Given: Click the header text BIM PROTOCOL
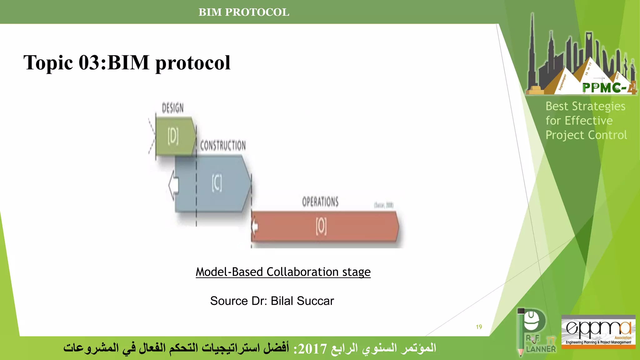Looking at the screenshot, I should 244,12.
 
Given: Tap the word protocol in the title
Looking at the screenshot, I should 193,63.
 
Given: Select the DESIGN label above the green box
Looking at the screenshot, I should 172,108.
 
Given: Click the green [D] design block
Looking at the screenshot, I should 174,136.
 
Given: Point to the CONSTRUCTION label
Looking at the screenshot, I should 223,146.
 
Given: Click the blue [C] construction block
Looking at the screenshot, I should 217,184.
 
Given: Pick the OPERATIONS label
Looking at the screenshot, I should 320,202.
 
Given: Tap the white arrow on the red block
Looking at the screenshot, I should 255,226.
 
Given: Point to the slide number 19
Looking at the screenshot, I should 479,327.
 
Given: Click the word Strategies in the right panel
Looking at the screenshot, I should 598,107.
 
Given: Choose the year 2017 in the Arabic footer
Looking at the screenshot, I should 312,348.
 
